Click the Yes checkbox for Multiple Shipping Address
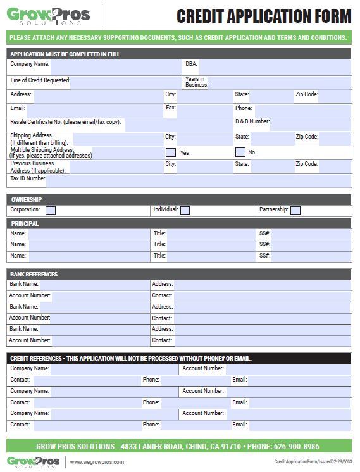pos(170,152)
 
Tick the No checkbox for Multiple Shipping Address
pos(240,152)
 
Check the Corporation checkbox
pos(51,210)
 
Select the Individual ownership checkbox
pos(185,210)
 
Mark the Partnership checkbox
pos(295,210)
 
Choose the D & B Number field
pos(310,123)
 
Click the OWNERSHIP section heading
pos(27,199)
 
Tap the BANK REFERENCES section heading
pos(34,274)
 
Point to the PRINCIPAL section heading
pos(25,223)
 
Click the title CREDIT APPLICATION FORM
pos(264,16)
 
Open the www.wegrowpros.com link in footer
pos(96,462)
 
